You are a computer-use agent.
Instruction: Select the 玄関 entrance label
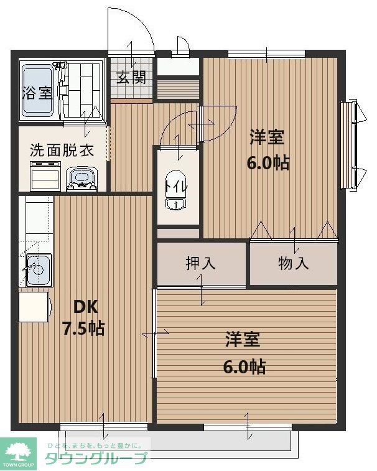click(x=131, y=78)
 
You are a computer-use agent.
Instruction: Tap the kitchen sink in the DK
click(x=37, y=271)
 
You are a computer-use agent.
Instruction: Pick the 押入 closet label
click(x=200, y=263)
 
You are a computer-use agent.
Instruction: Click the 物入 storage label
click(x=293, y=263)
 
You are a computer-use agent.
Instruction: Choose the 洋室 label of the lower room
click(x=243, y=340)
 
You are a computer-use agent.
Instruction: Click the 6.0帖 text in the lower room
click(x=244, y=366)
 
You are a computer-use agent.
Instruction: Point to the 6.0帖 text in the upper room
click(x=269, y=163)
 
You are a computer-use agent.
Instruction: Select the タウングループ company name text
click(x=96, y=459)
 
